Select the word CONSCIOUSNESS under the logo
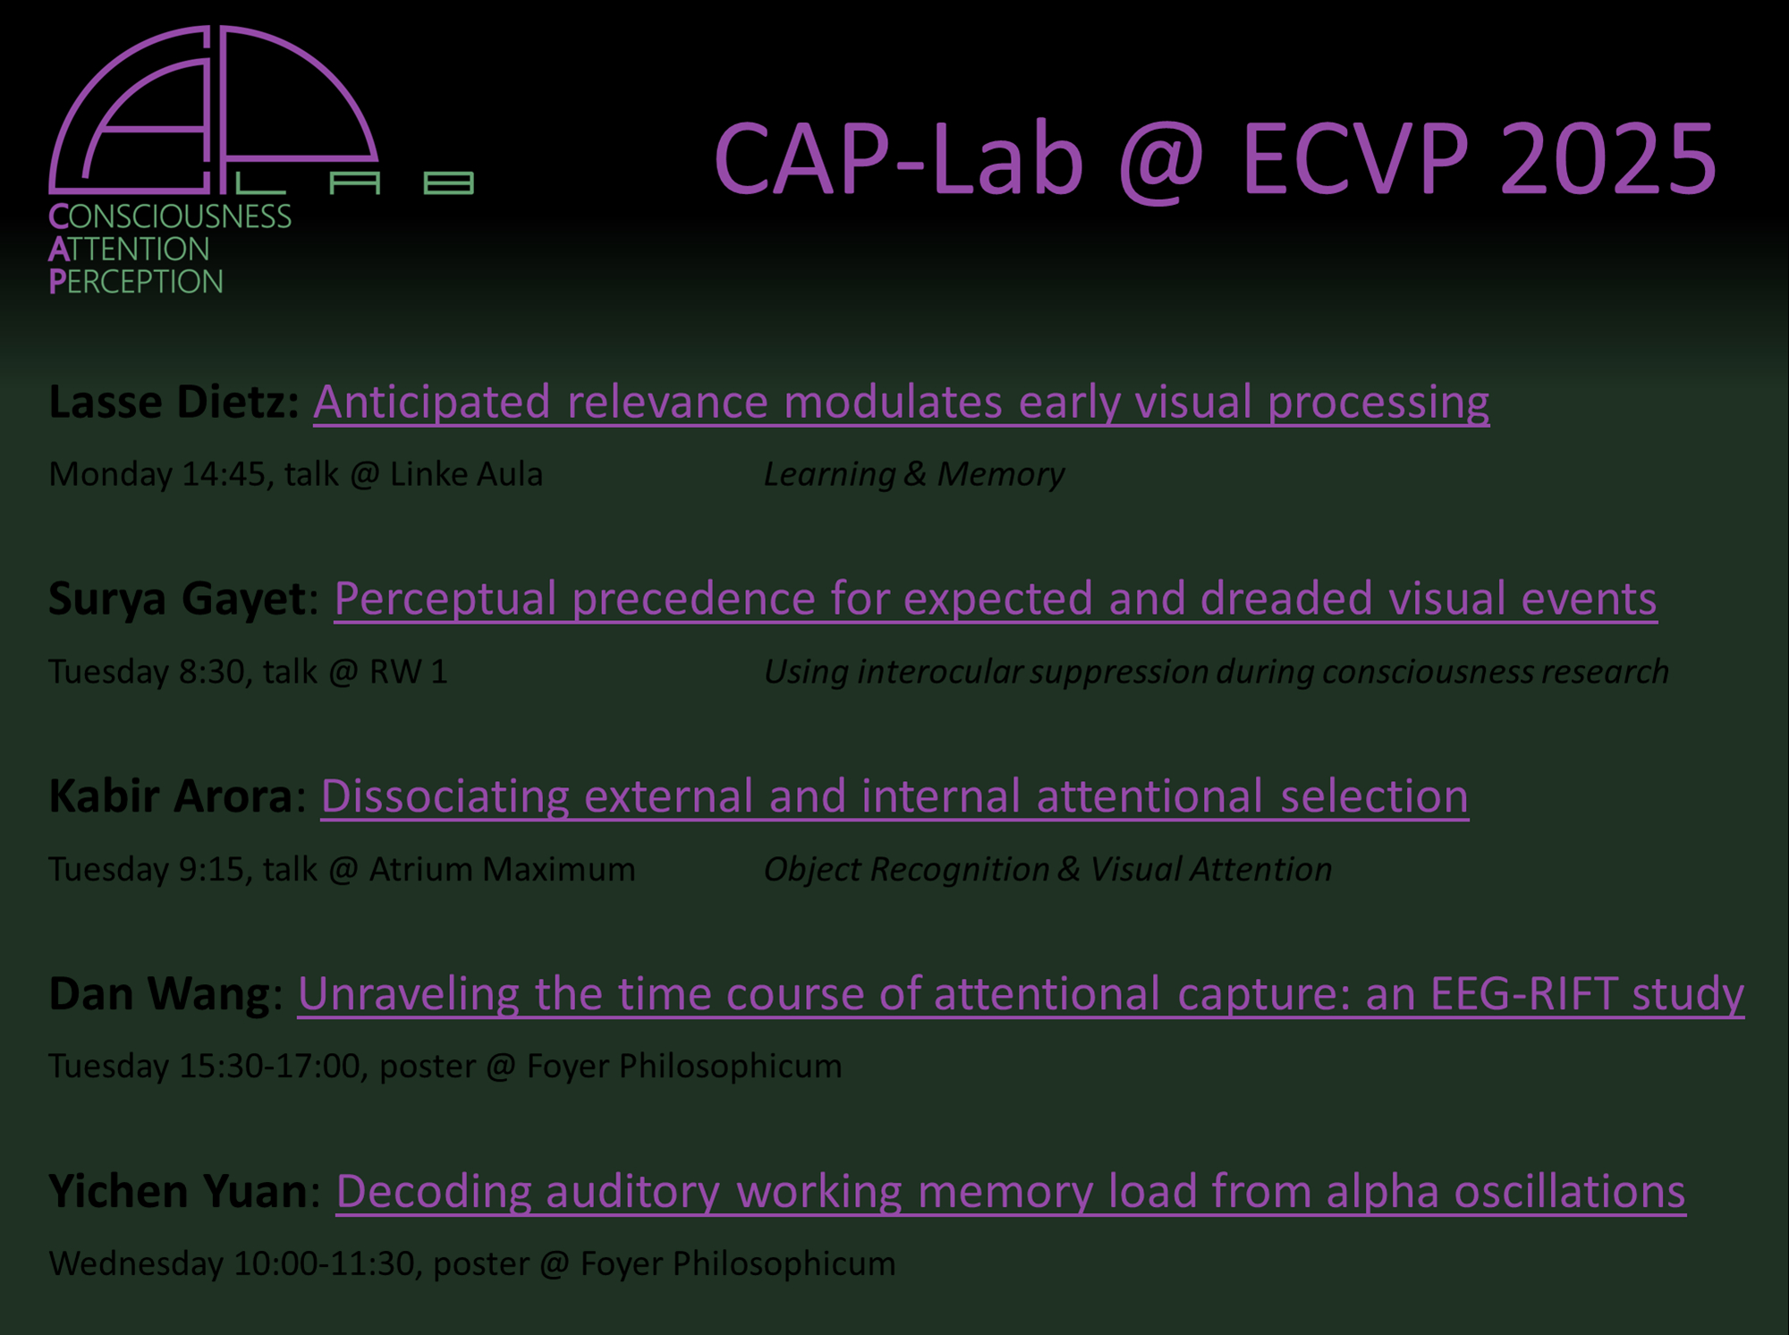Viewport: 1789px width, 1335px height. [x=170, y=217]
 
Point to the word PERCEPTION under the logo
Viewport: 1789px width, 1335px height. [x=136, y=282]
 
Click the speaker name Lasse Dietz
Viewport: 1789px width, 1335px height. [x=174, y=402]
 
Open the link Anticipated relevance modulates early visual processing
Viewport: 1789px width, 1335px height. [x=901, y=403]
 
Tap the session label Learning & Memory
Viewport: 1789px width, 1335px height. [x=914, y=474]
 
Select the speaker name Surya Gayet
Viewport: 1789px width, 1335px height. [x=177, y=599]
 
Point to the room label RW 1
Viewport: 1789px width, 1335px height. [x=408, y=672]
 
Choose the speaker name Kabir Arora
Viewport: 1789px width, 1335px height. [x=170, y=795]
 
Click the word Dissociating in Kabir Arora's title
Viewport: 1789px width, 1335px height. [x=445, y=795]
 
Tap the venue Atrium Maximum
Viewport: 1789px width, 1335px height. [x=502, y=869]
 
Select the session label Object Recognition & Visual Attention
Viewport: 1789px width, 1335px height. [x=1047, y=869]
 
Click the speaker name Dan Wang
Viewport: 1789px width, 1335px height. [x=159, y=993]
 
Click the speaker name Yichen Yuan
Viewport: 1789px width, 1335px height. [x=178, y=1191]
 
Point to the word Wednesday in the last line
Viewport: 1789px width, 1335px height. [x=136, y=1264]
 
